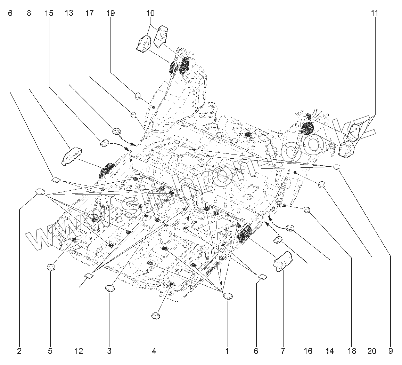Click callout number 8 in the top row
[x=28, y=14]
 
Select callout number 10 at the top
[x=150, y=14]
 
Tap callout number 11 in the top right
[x=374, y=14]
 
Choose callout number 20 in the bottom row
[x=372, y=351]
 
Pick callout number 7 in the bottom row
[x=283, y=351]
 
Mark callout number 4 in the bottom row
[x=154, y=351]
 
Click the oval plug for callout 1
[x=228, y=296]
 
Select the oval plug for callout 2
[x=41, y=192]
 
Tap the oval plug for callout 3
[x=110, y=288]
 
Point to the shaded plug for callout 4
[x=155, y=316]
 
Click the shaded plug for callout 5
[x=51, y=267]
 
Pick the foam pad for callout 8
[x=72, y=155]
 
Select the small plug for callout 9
[x=336, y=167]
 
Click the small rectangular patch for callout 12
[x=89, y=276]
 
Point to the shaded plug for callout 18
[x=307, y=209]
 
